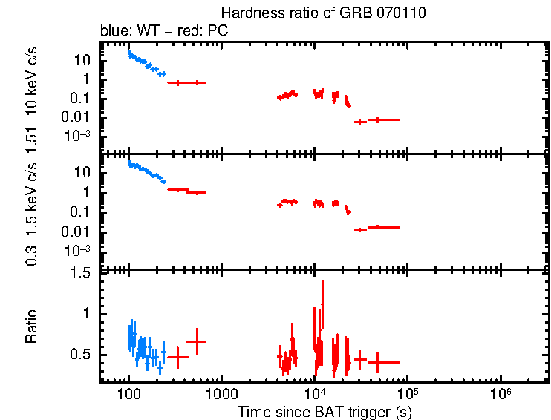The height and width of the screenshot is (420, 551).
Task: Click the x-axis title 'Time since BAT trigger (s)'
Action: (x=325, y=411)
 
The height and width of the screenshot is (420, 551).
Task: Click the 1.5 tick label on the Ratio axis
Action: (x=82, y=274)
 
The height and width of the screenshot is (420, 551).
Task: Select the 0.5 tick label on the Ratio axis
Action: (x=82, y=355)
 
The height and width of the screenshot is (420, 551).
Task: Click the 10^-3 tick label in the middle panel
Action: (x=80, y=251)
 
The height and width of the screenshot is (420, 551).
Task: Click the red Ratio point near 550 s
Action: (x=197, y=341)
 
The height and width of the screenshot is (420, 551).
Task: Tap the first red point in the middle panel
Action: (x=177, y=189)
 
